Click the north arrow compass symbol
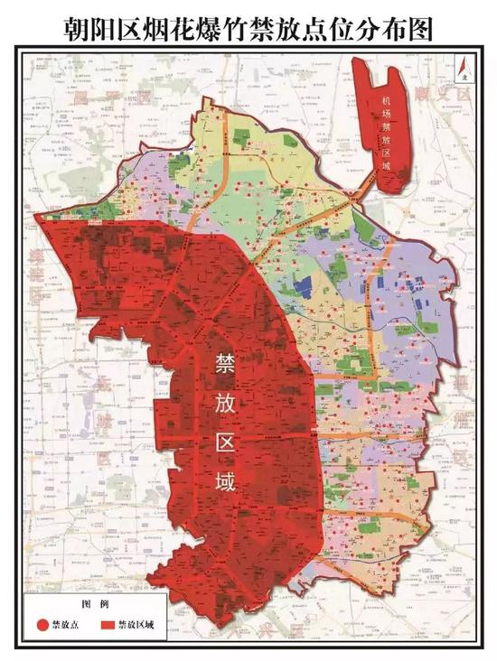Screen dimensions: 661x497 point(460,72)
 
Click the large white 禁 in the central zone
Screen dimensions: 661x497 point(223,363)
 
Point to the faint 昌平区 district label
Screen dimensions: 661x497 point(108,95)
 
